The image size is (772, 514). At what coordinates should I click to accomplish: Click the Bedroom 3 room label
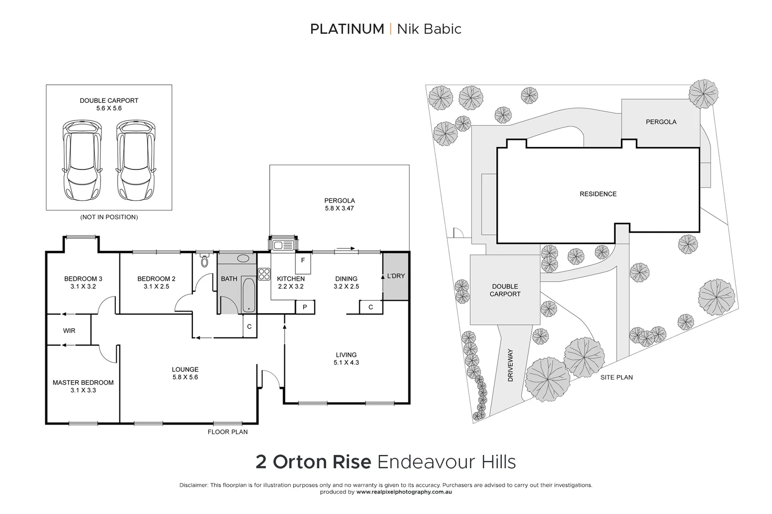[x=83, y=279]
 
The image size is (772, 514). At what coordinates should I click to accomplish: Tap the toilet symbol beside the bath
[x=205, y=261]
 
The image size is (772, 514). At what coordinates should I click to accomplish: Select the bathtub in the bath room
[x=248, y=295]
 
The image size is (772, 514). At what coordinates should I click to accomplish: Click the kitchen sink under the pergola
[x=283, y=245]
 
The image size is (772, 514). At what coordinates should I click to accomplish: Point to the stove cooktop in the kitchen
[x=264, y=274]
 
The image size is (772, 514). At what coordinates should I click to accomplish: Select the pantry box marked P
[x=305, y=307]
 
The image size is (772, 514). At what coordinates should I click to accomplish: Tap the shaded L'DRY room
[x=396, y=276]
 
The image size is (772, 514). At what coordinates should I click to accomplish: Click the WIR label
[x=69, y=331]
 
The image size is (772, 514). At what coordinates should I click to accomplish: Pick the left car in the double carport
[x=82, y=160]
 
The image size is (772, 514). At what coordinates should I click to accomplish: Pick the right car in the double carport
[x=136, y=160]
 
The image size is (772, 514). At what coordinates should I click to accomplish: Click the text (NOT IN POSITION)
[x=109, y=217]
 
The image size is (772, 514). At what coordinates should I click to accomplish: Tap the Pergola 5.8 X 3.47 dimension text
[x=339, y=208]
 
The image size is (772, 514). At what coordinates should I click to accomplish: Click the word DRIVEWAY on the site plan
[x=510, y=366]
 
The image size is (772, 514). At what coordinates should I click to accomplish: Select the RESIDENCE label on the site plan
[x=598, y=194]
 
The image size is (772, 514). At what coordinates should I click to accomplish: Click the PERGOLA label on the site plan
[x=661, y=122]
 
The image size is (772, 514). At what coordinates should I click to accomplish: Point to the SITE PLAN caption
[x=617, y=377]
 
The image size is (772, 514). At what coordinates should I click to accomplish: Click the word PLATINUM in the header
[x=347, y=29]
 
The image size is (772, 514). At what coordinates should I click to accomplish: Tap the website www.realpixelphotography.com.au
[x=404, y=492]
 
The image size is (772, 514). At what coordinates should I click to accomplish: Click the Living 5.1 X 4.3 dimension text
[x=346, y=363]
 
